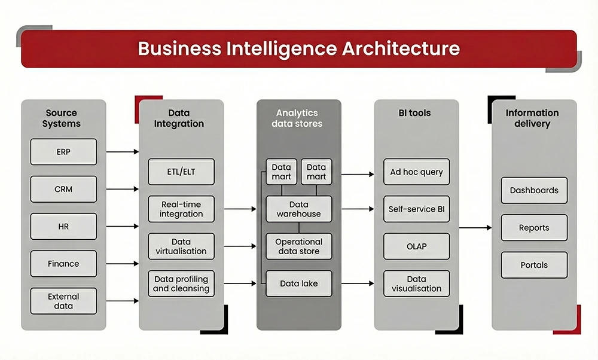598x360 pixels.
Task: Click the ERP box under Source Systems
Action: point(63,152)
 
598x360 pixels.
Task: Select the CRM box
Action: point(63,189)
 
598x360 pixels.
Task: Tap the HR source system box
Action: point(63,226)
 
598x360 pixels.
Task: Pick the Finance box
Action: point(63,264)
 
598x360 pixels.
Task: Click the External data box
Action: point(63,301)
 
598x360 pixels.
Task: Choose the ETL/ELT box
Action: point(181,172)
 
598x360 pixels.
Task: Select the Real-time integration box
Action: point(181,209)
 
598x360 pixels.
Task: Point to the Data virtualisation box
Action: point(181,246)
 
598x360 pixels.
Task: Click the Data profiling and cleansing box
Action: point(181,283)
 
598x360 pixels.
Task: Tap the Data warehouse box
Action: point(298,209)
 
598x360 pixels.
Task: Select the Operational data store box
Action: point(298,246)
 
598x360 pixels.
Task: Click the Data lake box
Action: point(298,283)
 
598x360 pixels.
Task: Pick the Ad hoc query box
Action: point(416,172)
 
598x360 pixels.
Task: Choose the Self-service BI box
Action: point(416,209)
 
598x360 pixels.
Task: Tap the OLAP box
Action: point(416,246)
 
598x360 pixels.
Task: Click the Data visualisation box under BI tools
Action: point(416,283)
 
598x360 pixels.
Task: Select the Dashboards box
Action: point(534,190)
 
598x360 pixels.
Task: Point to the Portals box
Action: point(534,265)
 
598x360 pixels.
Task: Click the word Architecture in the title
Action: point(401,48)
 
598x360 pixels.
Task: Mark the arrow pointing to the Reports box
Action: point(475,228)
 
